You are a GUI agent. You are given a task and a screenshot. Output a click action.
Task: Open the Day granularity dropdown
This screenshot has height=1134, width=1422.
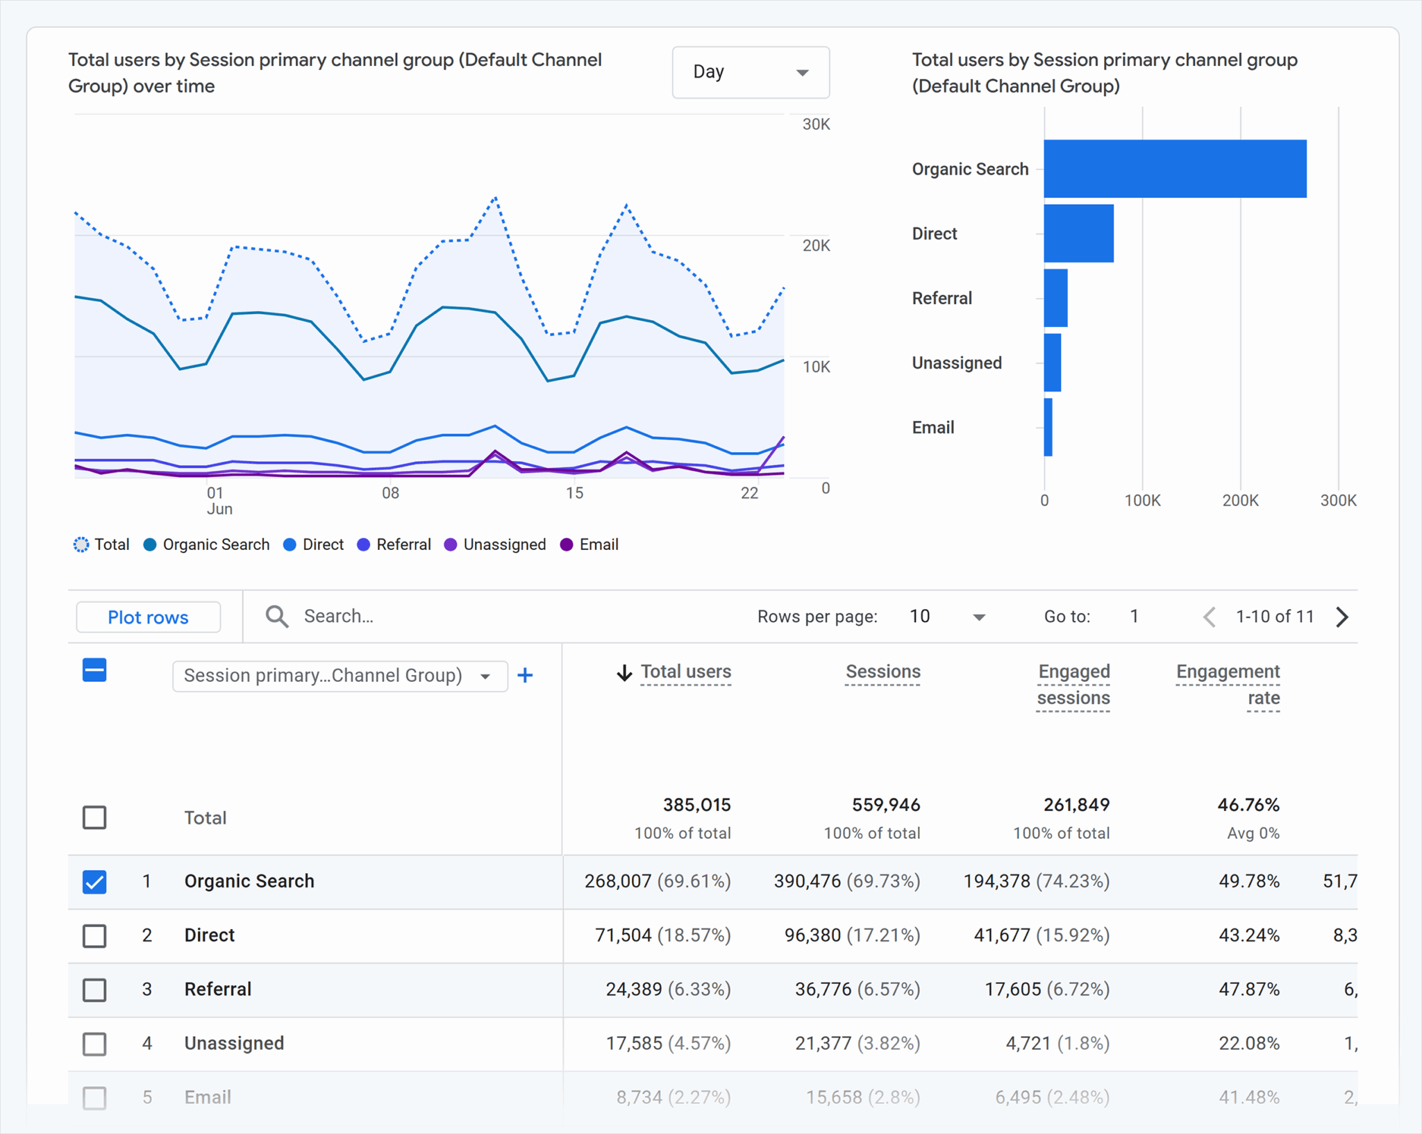pos(750,72)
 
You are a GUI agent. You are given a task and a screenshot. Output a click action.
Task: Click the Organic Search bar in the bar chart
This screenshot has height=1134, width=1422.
pos(1174,169)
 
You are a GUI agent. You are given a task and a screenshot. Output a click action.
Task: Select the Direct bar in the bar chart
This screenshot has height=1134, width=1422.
pos(1078,233)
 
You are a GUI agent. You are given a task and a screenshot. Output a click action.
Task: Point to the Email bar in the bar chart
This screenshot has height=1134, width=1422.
pos(1048,427)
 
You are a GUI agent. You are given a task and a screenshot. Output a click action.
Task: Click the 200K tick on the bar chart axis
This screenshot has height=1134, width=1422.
pos(1239,500)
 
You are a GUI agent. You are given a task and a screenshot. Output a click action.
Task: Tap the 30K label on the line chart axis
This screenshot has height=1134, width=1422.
pos(815,124)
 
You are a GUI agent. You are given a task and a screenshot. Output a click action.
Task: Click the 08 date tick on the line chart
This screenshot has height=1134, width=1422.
pos(390,493)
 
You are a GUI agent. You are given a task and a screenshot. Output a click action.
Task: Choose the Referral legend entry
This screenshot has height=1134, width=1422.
pos(394,544)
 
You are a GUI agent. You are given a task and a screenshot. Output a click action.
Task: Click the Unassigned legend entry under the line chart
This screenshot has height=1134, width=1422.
pos(495,544)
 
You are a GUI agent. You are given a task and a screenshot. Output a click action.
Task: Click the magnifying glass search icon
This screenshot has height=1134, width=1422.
pos(276,616)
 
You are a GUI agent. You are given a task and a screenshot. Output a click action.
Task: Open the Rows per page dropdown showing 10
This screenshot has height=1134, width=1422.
pos(947,617)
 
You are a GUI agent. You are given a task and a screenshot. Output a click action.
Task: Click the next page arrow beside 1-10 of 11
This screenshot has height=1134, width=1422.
pos(1341,617)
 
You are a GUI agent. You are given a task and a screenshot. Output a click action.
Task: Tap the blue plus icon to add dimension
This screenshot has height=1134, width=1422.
pos(525,675)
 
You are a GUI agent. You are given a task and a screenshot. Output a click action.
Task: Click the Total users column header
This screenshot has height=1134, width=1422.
pos(685,672)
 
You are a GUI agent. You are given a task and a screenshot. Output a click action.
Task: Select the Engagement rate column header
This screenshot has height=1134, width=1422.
pos(1228,684)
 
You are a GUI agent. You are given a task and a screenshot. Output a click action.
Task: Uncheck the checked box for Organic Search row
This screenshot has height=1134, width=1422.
pos(94,881)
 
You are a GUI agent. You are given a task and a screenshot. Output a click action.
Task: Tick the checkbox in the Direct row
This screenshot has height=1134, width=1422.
pos(94,935)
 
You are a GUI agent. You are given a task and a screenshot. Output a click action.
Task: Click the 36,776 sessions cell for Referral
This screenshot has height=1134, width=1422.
pos(823,989)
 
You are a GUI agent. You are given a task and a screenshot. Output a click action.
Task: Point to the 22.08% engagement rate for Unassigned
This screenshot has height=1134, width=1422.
pos(1248,1043)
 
